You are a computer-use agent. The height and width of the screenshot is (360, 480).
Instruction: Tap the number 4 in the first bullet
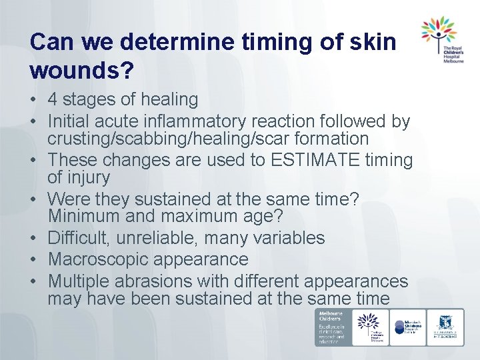[x=53, y=100]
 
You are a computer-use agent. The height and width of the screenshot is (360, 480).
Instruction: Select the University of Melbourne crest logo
[x=445, y=327]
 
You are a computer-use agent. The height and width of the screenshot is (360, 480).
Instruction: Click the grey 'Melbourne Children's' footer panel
[x=333, y=327]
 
